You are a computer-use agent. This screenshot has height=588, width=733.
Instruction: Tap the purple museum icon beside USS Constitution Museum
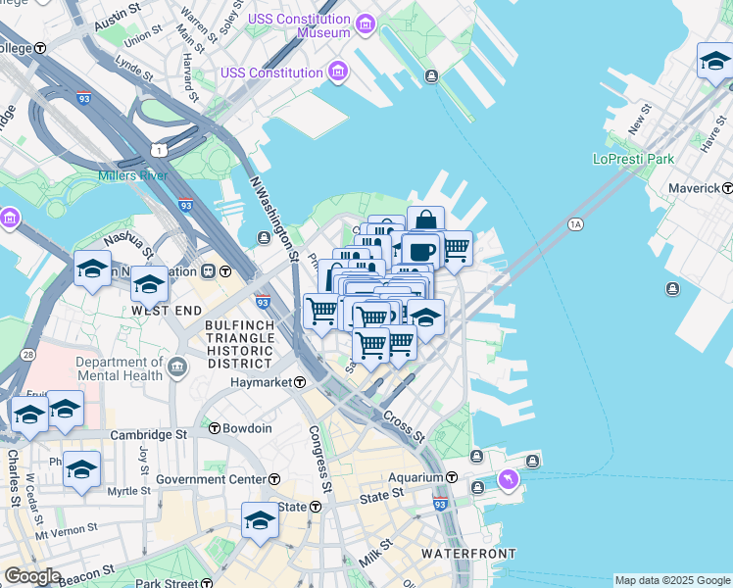(x=365, y=24)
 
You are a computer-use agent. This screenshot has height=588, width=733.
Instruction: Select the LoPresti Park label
(x=633, y=159)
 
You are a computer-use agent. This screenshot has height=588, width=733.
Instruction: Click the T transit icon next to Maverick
(x=727, y=187)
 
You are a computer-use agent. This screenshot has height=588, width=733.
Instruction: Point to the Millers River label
(x=132, y=176)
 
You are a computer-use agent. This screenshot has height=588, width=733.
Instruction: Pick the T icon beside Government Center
(x=274, y=479)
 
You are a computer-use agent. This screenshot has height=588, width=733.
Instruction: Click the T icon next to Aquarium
(x=452, y=477)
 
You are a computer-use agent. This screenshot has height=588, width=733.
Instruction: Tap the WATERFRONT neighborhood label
(x=467, y=554)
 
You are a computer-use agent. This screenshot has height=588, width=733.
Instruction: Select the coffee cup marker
(x=420, y=251)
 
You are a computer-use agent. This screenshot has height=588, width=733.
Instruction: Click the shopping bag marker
(x=425, y=220)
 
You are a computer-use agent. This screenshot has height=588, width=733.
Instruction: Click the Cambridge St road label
(x=148, y=434)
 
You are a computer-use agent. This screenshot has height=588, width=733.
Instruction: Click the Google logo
(x=31, y=576)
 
